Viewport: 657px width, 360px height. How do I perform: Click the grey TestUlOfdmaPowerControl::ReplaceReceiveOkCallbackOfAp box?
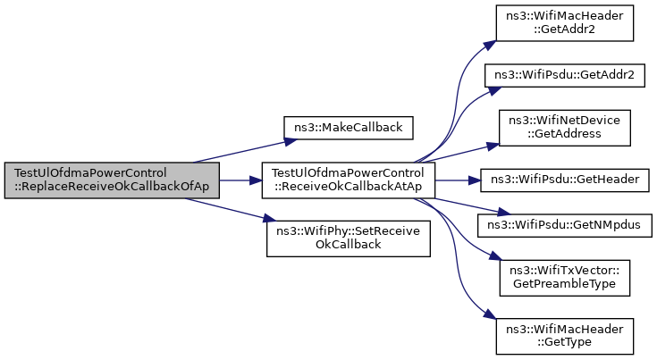112,180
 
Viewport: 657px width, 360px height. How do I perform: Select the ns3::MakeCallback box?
349,128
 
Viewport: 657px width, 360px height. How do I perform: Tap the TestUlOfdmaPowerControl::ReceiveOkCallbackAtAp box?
349,180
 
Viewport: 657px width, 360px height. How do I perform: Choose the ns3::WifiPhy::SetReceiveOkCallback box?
349,239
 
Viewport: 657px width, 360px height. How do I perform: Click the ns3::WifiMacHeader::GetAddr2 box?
564,23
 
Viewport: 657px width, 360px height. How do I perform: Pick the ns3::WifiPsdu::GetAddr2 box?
564,75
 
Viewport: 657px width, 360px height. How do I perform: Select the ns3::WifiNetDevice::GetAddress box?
564,128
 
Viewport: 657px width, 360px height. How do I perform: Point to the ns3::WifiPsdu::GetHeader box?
564,180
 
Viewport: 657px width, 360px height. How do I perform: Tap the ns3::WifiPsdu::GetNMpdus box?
564,225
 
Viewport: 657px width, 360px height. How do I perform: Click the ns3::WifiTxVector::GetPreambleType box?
564,278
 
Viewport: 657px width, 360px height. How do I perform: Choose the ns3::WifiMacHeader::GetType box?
564,336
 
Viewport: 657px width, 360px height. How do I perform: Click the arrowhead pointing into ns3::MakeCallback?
291,141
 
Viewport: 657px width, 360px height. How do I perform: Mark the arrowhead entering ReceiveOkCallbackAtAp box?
256,180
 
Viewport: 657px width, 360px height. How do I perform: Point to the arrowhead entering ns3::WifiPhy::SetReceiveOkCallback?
270,219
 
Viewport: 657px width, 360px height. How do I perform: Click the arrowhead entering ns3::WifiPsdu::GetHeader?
475,180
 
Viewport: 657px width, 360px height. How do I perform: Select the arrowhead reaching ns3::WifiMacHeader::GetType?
491,315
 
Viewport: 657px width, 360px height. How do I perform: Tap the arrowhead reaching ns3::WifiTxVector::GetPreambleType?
495,255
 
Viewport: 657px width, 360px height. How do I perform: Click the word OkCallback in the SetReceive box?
349,245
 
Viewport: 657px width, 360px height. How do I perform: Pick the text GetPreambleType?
564,284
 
